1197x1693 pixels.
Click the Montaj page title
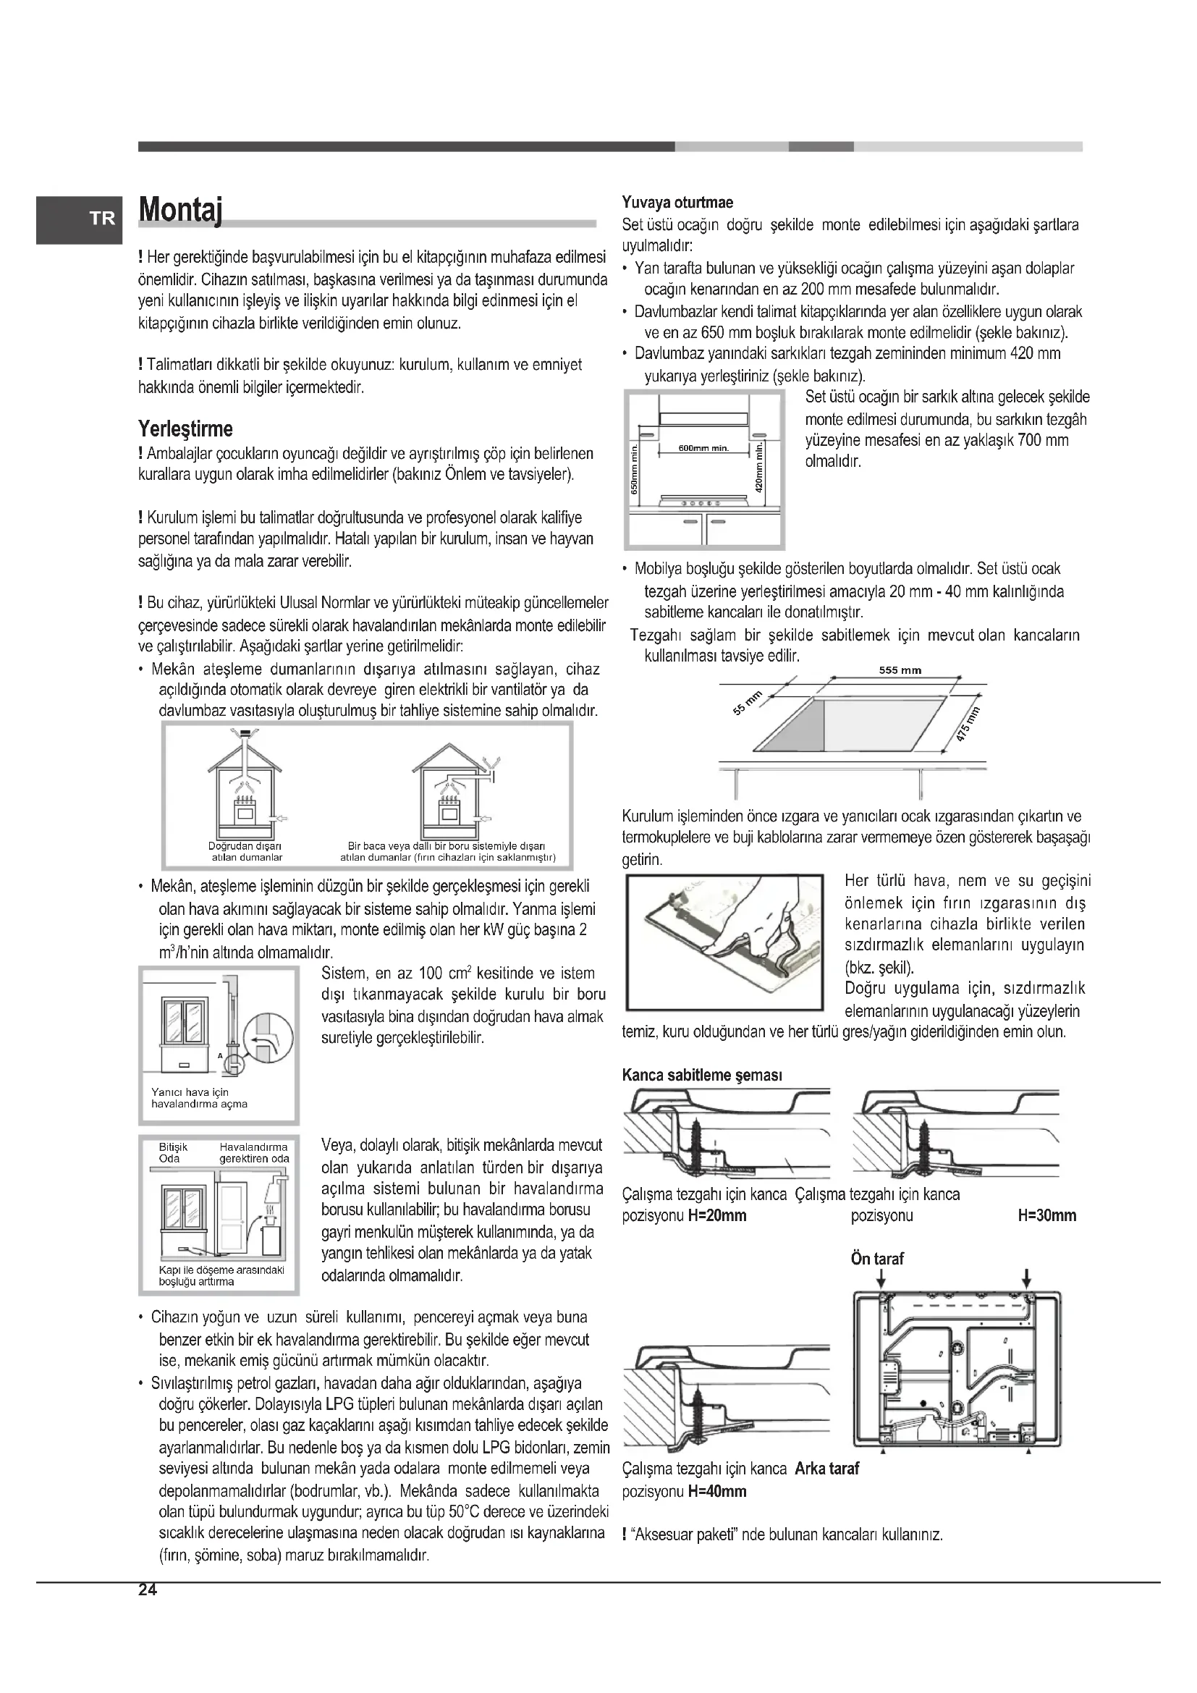coord(181,211)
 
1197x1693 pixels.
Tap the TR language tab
coord(103,219)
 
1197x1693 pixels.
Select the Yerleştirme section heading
coord(185,428)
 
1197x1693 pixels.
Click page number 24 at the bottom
coord(148,1590)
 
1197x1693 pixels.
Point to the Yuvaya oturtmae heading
coord(677,202)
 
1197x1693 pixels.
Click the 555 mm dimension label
coord(900,670)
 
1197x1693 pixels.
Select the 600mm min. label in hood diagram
coord(703,449)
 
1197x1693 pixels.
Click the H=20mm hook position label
coord(717,1216)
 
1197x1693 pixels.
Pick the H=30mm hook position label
coord(1046,1216)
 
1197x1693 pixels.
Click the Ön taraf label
coord(877,1259)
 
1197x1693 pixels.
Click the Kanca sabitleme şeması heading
coord(702,1075)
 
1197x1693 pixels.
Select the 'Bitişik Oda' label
coord(173,1152)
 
